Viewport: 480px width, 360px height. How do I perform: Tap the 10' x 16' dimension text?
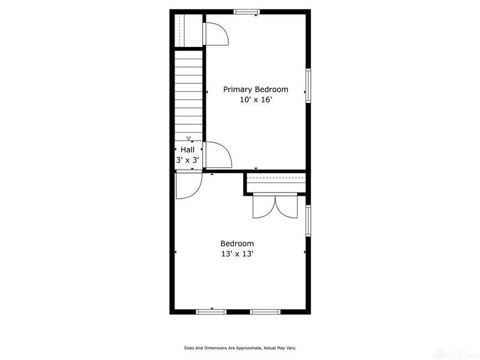point(256,100)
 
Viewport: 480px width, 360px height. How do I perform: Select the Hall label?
point(187,149)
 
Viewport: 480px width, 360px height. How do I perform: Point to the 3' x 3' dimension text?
point(187,160)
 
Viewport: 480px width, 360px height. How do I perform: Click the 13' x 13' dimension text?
point(237,254)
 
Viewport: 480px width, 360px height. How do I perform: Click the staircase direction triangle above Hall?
point(188,139)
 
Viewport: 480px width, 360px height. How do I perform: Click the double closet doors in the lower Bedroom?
point(275,205)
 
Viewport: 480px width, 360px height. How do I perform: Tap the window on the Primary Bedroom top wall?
point(247,11)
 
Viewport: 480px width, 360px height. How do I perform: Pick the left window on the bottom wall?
point(211,311)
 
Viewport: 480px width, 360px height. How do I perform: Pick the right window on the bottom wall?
point(265,311)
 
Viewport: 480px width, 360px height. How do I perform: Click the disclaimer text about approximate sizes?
point(239,348)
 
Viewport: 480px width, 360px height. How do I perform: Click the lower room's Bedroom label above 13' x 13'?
point(237,244)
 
